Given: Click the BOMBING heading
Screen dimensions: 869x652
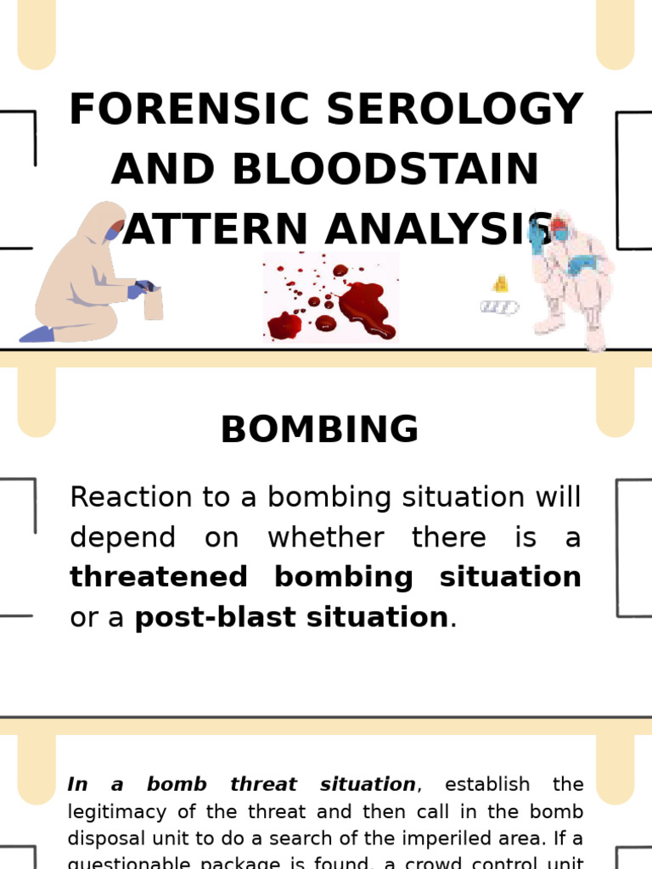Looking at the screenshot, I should point(319,430).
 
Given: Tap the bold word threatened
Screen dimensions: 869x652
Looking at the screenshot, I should point(158,577).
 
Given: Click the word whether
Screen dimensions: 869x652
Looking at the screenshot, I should point(325,538).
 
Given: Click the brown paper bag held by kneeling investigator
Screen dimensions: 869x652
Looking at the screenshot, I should point(154,304).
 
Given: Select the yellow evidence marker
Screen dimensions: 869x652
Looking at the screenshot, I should point(500,283).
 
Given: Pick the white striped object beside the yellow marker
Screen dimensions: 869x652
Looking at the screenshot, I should point(498,306).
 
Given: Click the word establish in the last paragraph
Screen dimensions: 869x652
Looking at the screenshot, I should point(487,785).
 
